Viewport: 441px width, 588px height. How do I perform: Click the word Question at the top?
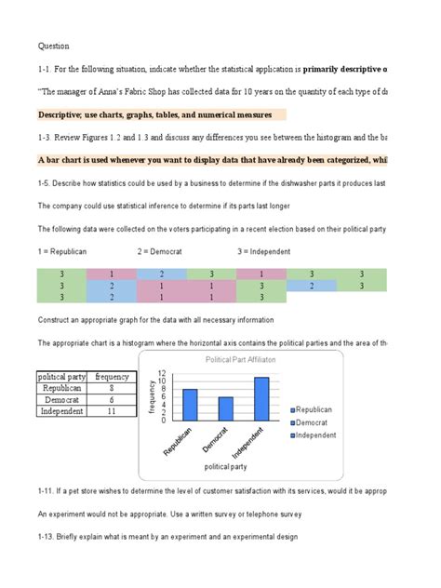[x=53, y=45]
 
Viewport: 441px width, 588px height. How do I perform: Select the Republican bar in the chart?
[x=190, y=405]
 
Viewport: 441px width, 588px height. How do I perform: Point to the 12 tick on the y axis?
[x=161, y=372]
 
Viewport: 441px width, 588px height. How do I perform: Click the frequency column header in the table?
[x=112, y=377]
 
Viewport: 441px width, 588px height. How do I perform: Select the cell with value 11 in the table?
[x=112, y=410]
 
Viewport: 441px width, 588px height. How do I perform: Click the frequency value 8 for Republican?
[x=112, y=388]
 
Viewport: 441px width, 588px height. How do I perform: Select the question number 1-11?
[x=47, y=488]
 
